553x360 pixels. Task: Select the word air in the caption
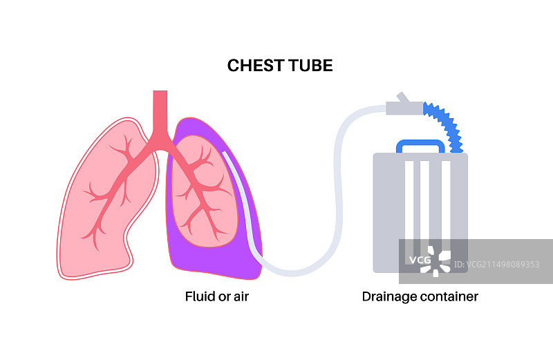pyautogui.click(x=239, y=296)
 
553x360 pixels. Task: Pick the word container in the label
pyautogui.click(x=450, y=296)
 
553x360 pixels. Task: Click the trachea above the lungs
pyautogui.click(x=160, y=111)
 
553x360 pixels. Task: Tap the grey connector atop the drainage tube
pyautogui.click(x=404, y=105)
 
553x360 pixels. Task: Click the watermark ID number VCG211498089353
pyautogui.click(x=503, y=264)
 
